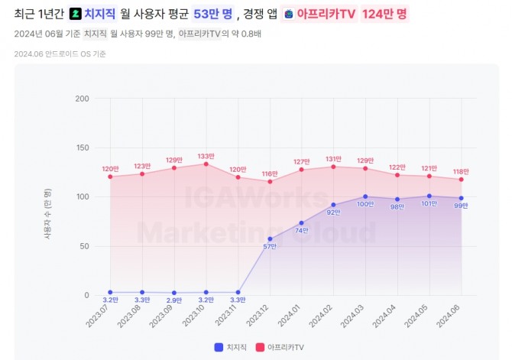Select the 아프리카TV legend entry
281,347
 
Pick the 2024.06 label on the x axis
454,313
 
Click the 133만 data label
206,156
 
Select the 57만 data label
269,246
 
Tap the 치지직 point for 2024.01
301,222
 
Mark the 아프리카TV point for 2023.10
206,164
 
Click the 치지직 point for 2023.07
110,292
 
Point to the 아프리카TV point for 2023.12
270,181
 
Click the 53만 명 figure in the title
212,14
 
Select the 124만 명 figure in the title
384,14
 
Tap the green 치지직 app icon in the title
75,14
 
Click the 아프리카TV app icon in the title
288,14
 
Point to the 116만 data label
269,174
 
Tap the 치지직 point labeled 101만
429,196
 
